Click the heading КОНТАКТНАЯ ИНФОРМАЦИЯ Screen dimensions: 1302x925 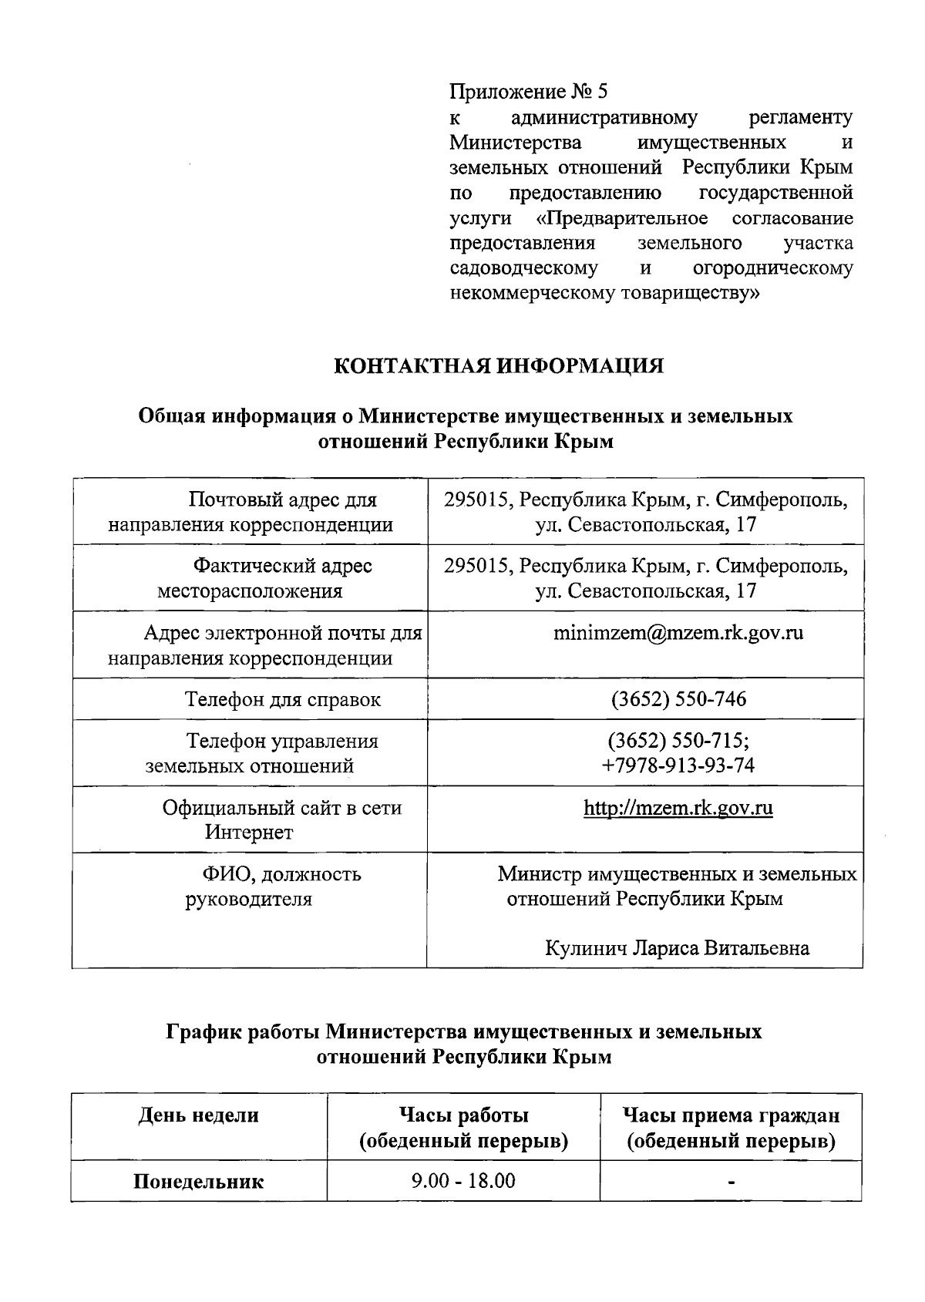498,365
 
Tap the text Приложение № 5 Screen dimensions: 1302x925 528,93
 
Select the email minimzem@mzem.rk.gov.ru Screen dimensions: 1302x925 678,633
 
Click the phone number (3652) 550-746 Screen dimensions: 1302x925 678,699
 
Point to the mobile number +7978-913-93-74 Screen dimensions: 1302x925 678,765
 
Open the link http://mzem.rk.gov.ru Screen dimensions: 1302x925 678,808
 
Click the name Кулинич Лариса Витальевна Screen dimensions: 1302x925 677,947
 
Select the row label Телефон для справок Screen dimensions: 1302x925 282,699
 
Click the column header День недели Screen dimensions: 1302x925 198,1115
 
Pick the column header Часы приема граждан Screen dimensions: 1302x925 730,1115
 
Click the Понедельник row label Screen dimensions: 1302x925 198,1181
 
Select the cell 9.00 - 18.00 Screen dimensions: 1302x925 463,1180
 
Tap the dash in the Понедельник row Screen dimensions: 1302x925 732,1181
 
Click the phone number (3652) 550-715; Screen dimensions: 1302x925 678,741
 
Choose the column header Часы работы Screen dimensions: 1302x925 463,1115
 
